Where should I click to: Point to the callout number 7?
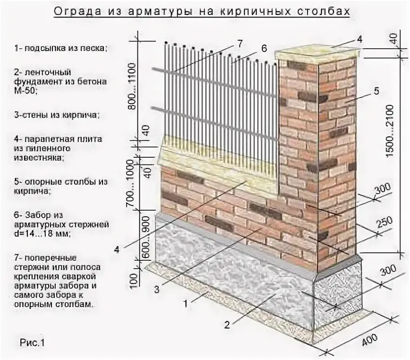click(239, 44)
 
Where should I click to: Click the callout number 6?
click(264, 48)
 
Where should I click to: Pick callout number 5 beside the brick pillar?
click(376, 92)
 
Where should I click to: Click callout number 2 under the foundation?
click(227, 324)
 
